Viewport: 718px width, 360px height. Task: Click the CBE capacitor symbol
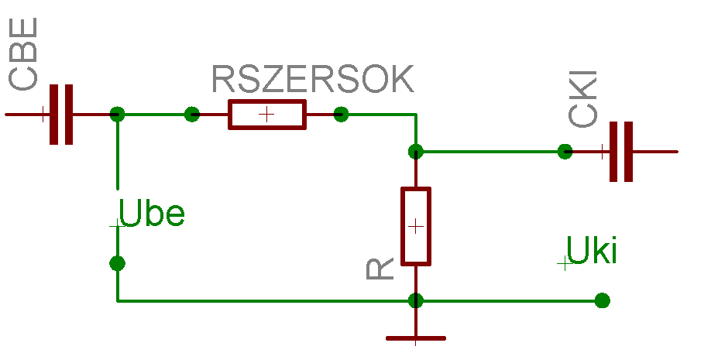(61, 115)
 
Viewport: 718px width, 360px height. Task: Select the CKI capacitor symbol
(621, 152)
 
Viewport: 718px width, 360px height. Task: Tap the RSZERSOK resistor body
(267, 115)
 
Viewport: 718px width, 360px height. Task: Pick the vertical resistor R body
(416, 226)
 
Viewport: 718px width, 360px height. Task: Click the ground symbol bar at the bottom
(416, 338)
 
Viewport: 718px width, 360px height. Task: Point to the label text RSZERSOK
(313, 79)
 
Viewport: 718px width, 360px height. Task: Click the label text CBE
(22, 54)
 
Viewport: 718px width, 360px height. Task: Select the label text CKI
(582, 99)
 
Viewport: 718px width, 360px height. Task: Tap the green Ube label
(151, 213)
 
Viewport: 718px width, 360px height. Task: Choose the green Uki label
(592, 250)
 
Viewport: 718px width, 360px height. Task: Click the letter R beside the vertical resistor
(380, 269)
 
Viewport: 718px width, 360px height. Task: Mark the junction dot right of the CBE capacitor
(117, 115)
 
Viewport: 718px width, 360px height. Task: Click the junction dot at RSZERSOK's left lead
(192, 115)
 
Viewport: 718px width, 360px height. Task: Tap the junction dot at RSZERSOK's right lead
(341, 115)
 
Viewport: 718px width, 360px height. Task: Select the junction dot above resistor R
(416, 152)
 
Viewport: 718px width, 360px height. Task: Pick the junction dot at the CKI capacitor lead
(565, 152)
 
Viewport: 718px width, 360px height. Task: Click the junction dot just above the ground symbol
(416, 300)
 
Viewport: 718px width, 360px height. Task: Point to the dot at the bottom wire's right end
(602, 300)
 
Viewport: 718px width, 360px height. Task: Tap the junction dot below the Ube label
(117, 263)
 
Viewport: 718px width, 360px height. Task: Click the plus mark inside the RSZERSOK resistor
(266, 115)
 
